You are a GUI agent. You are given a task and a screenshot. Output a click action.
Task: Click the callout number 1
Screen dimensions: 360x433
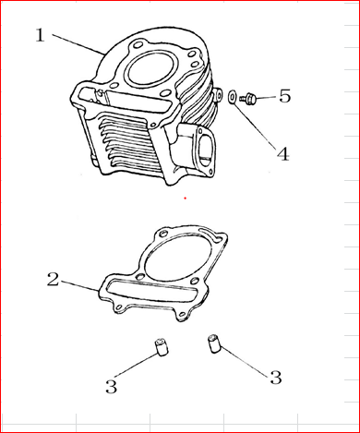point(41,35)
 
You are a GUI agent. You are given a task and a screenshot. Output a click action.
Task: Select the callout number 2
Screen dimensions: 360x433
point(53,280)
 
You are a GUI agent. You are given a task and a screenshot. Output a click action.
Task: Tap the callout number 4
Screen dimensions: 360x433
point(283,153)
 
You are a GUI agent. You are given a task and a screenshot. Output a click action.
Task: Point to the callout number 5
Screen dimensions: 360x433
point(284,96)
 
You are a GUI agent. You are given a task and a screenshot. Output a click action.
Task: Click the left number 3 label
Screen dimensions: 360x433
point(112,387)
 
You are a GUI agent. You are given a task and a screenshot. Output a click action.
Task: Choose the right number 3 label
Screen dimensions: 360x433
point(276,378)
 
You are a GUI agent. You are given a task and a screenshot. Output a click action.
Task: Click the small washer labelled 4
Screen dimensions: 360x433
point(232,97)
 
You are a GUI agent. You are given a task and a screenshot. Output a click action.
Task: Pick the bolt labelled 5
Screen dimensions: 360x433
point(247,98)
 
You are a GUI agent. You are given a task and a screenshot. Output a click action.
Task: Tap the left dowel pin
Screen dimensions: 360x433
point(161,347)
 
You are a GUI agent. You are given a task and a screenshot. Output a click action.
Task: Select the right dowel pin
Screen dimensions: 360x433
point(214,343)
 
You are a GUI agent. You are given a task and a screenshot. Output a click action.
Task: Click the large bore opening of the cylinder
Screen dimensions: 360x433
point(150,71)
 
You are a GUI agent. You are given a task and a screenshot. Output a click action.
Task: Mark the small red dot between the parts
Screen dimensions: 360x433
point(185,198)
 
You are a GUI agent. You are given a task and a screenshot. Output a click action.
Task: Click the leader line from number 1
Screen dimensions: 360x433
point(78,44)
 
